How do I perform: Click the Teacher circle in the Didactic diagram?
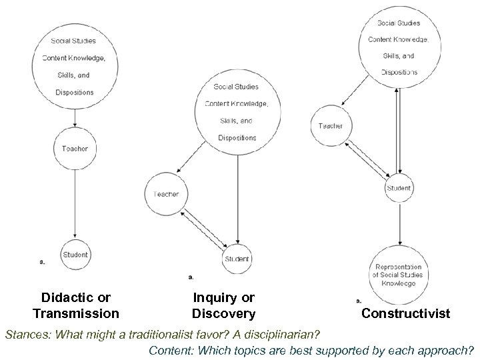[75, 149]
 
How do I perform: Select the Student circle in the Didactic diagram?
[75, 255]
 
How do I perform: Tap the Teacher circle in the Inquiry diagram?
[166, 194]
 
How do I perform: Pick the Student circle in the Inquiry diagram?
[237, 259]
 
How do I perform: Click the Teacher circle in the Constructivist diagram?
[330, 126]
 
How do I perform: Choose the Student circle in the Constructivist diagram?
[399, 189]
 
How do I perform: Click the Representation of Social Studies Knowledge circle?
[398, 275]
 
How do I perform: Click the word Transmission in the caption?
[75, 313]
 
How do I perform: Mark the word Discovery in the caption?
[223, 313]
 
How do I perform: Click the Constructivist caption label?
[405, 313]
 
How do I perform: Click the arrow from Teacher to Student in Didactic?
[75, 200]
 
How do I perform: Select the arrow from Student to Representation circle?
[399, 223]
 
